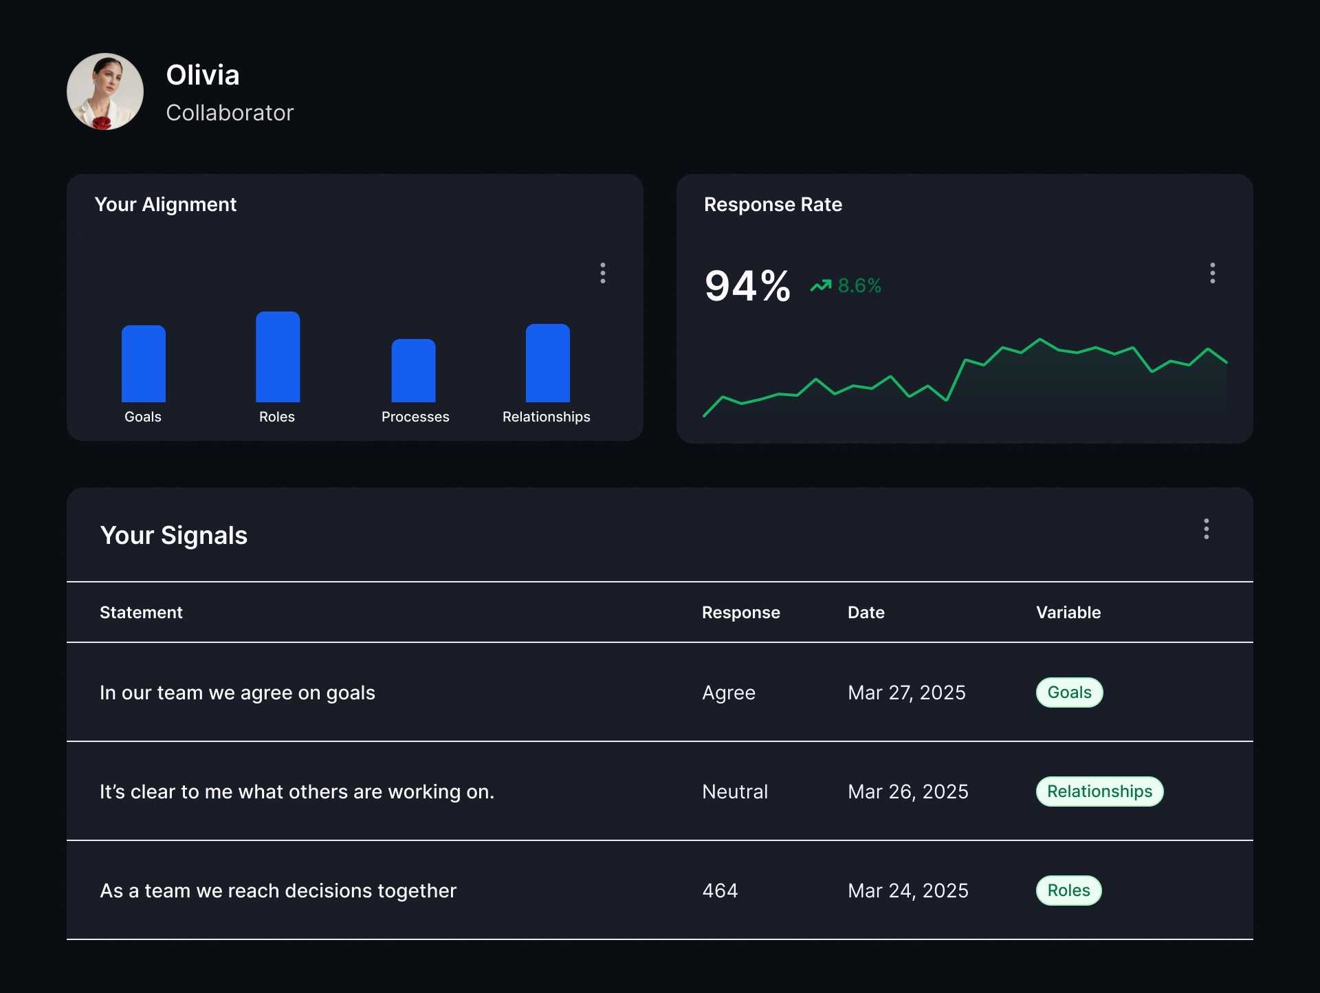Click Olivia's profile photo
pyautogui.click(x=105, y=91)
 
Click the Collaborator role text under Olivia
pyautogui.click(x=230, y=113)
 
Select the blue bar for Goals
pyautogui.click(x=144, y=364)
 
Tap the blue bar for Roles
pyautogui.click(x=278, y=357)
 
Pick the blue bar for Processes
pyautogui.click(x=413, y=371)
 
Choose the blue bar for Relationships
pyautogui.click(x=548, y=363)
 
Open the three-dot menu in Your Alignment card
pyautogui.click(x=603, y=273)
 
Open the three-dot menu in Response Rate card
pyautogui.click(x=1213, y=273)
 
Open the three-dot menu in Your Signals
pyautogui.click(x=1207, y=529)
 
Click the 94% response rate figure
pyautogui.click(x=747, y=286)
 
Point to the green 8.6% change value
pyautogui.click(x=859, y=285)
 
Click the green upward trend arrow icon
pyautogui.click(x=821, y=285)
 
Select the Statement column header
pyautogui.click(x=141, y=613)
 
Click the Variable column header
pyautogui.click(x=1068, y=613)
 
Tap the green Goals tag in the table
pyautogui.click(x=1070, y=692)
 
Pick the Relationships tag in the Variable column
pyautogui.click(x=1100, y=792)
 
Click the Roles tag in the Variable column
pyautogui.click(x=1069, y=891)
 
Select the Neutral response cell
pyautogui.click(x=735, y=792)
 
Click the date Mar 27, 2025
pyautogui.click(x=907, y=692)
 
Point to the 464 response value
pyautogui.click(x=720, y=891)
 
